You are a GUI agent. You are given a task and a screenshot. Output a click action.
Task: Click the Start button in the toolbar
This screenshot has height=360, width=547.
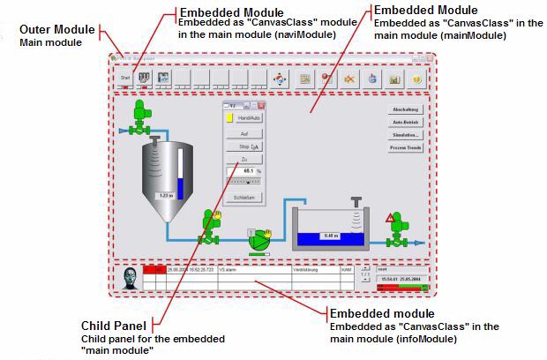pyautogui.click(x=126, y=78)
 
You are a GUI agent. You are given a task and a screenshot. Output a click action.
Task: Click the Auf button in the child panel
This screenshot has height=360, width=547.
pyautogui.click(x=244, y=132)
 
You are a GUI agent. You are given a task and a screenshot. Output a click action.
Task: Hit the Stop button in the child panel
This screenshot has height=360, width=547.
pyautogui.click(x=244, y=146)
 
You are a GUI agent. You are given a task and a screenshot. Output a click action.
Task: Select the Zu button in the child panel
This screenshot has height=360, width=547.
pyautogui.click(x=244, y=159)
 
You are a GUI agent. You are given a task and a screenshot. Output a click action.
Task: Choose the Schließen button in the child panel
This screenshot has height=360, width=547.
pyautogui.click(x=244, y=198)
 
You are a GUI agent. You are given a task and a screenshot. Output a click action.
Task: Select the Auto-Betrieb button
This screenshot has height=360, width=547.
pyautogui.click(x=405, y=122)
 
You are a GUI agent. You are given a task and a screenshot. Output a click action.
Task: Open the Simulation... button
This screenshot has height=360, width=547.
pyautogui.click(x=405, y=135)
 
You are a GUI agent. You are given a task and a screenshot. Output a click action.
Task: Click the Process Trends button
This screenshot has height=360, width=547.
pyautogui.click(x=405, y=148)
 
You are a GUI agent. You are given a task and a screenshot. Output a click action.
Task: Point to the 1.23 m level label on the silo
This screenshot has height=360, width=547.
pyautogui.click(x=165, y=195)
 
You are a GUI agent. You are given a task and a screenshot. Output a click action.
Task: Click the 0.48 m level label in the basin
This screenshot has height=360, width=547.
pyautogui.click(x=329, y=235)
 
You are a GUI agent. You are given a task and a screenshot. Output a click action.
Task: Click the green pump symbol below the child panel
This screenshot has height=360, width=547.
pyautogui.click(x=259, y=241)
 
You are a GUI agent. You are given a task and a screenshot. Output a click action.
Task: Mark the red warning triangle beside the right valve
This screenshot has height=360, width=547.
pyautogui.click(x=388, y=217)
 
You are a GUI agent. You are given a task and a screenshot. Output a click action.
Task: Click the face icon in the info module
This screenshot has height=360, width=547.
pyautogui.click(x=130, y=278)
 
